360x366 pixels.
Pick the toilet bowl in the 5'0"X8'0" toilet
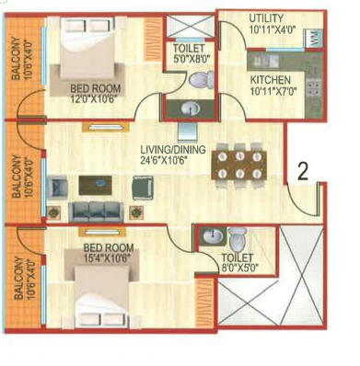(196, 81)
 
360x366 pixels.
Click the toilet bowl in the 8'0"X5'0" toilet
(238, 237)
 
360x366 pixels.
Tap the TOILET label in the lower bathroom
(238, 258)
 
